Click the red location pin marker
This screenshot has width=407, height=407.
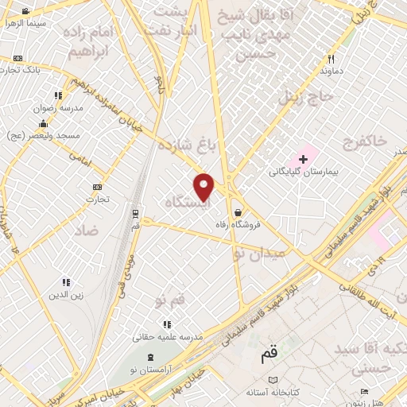click(205, 186)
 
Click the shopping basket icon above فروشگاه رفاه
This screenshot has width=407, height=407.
click(239, 211)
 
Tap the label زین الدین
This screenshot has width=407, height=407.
click(66, 296)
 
